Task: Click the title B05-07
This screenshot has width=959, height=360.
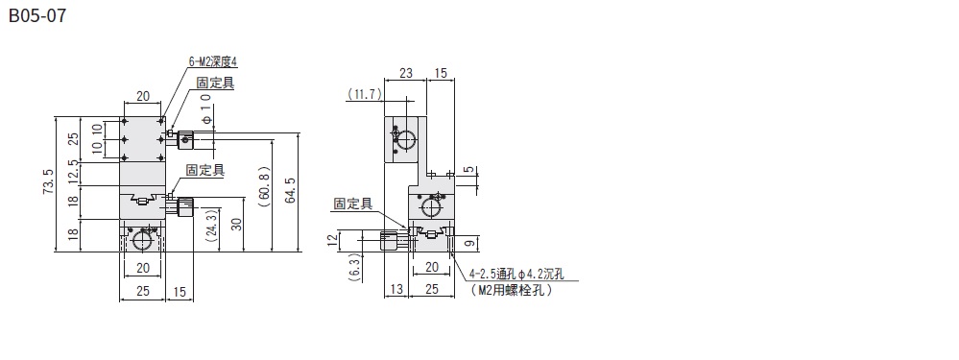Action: (x=37, y=15)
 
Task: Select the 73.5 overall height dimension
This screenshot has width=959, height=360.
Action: (x=49, y=182)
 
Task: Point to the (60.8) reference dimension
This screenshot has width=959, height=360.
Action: (x=264, y=186)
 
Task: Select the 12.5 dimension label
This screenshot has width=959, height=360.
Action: (x=73, y=172)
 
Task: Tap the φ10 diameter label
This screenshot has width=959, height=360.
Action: (x=206, y=109)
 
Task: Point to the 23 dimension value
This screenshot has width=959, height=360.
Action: (x=405, y=73)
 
